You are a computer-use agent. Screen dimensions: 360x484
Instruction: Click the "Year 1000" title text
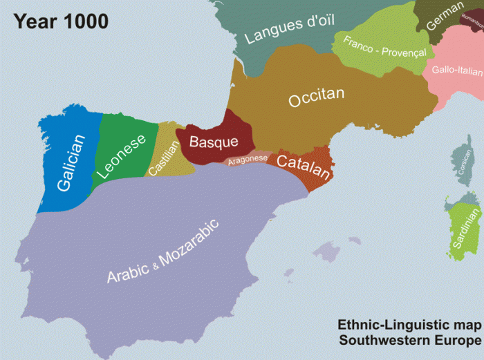pos(61,21)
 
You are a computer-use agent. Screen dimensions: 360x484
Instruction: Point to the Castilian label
pos(161,162)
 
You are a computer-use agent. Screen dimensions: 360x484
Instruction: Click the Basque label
pos(213,142)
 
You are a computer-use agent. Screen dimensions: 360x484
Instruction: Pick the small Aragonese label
pos(248,160)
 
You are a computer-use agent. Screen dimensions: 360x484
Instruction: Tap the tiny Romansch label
pos(472,23)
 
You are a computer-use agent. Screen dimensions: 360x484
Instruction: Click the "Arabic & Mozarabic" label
pos(162,252)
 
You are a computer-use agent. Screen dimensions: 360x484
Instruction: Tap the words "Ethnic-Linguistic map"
pos(409,325)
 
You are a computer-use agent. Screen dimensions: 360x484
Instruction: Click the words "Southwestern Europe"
pos(409,341)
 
